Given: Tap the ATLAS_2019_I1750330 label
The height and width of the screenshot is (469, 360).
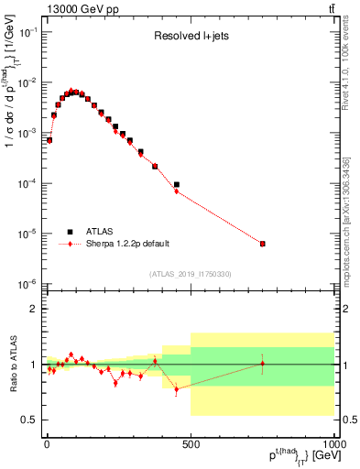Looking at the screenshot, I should click(x=190, y=274).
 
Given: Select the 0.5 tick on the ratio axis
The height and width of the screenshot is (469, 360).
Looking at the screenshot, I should click(x=29, y=420).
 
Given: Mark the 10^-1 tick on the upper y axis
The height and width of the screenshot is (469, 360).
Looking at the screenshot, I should click(x=28, y=32).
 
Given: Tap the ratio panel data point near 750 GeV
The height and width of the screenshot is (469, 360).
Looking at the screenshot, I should click(x=263, y=364).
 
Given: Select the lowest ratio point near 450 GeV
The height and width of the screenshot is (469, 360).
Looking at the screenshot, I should click(x=177, y=388).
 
